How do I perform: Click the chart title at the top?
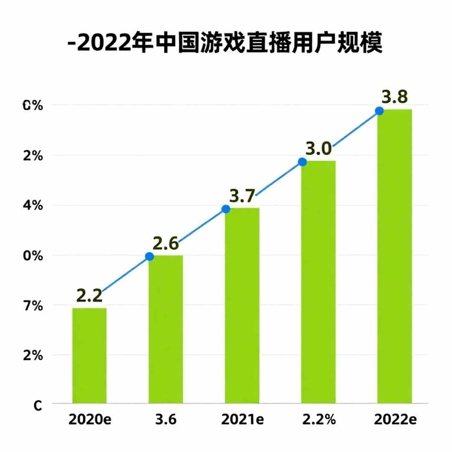(225, 43)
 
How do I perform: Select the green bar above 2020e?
(89, 356)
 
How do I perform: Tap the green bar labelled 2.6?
(166, 329)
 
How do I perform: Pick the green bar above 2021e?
(242, 306)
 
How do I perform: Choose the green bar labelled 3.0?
(318, 282)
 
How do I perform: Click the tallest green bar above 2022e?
(395, 256)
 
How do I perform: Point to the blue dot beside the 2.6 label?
(149, 256)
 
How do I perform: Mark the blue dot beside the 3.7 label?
(226, 209)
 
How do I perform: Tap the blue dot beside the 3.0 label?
(302, 162)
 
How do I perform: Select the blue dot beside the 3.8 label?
(379, 111)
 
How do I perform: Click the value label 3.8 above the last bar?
(395, 97)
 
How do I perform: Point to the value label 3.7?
(242, 196)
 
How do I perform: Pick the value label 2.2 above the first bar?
(89, 296)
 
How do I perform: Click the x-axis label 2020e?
(90, 419)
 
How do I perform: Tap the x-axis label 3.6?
(166, 419)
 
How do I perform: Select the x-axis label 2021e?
(242, 419)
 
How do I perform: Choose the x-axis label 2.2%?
(319, 419)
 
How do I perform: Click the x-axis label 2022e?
(395, 419)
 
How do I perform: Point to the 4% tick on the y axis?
(33, 206)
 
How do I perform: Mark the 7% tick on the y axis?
(33, 306)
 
